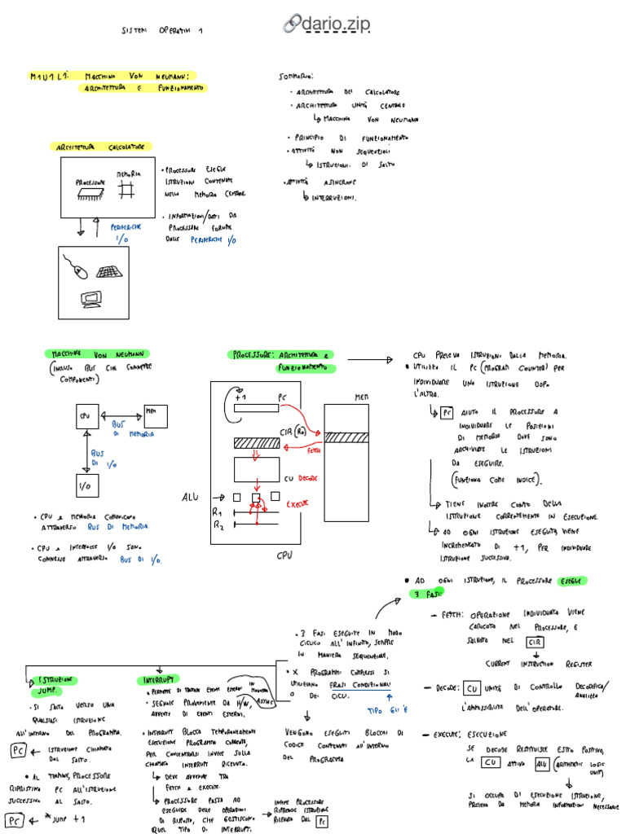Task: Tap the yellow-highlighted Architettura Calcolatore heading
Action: (x=99, y=147)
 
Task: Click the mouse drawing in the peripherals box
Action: (x=77, y=268)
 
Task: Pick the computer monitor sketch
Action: (x=91, y=301)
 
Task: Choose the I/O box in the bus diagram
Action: (x=84, y=486)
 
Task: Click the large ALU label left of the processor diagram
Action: (x=190, y=497)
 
